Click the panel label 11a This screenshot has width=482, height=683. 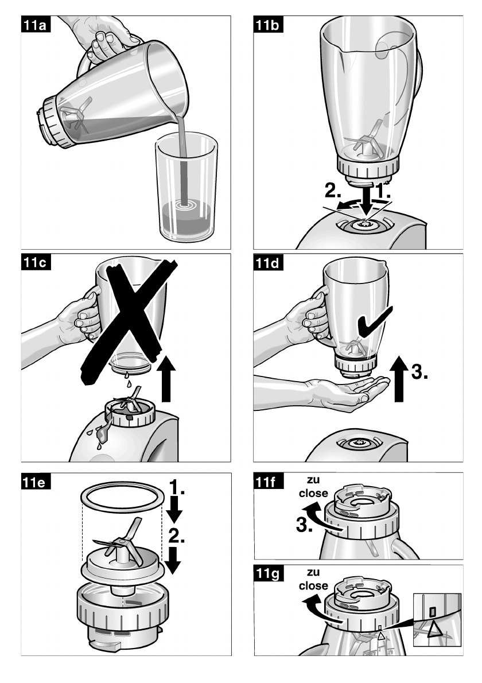click(x=35, y=24)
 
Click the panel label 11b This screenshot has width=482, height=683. click(x=268, y=24)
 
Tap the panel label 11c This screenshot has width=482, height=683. click(x=35, y=262)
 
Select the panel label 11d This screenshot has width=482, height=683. click(x=268, y=262)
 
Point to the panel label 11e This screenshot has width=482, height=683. click(x=35, y=482)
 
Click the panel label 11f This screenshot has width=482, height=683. click(x=268, y=482)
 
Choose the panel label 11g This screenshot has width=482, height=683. click(x=268, y=573)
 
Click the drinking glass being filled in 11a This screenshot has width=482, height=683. click(x=187, y=187)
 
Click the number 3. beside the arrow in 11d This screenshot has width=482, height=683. click(x=419, y=372)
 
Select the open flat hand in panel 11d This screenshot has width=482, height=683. click(x=348, y=393)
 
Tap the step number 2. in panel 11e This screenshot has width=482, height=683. click(x=176, y=535)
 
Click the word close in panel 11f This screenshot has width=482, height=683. click(x=313, y=493)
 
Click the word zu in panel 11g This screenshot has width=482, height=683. click(x=313, y=572)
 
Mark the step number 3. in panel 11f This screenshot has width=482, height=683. click(x=304, y=525)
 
